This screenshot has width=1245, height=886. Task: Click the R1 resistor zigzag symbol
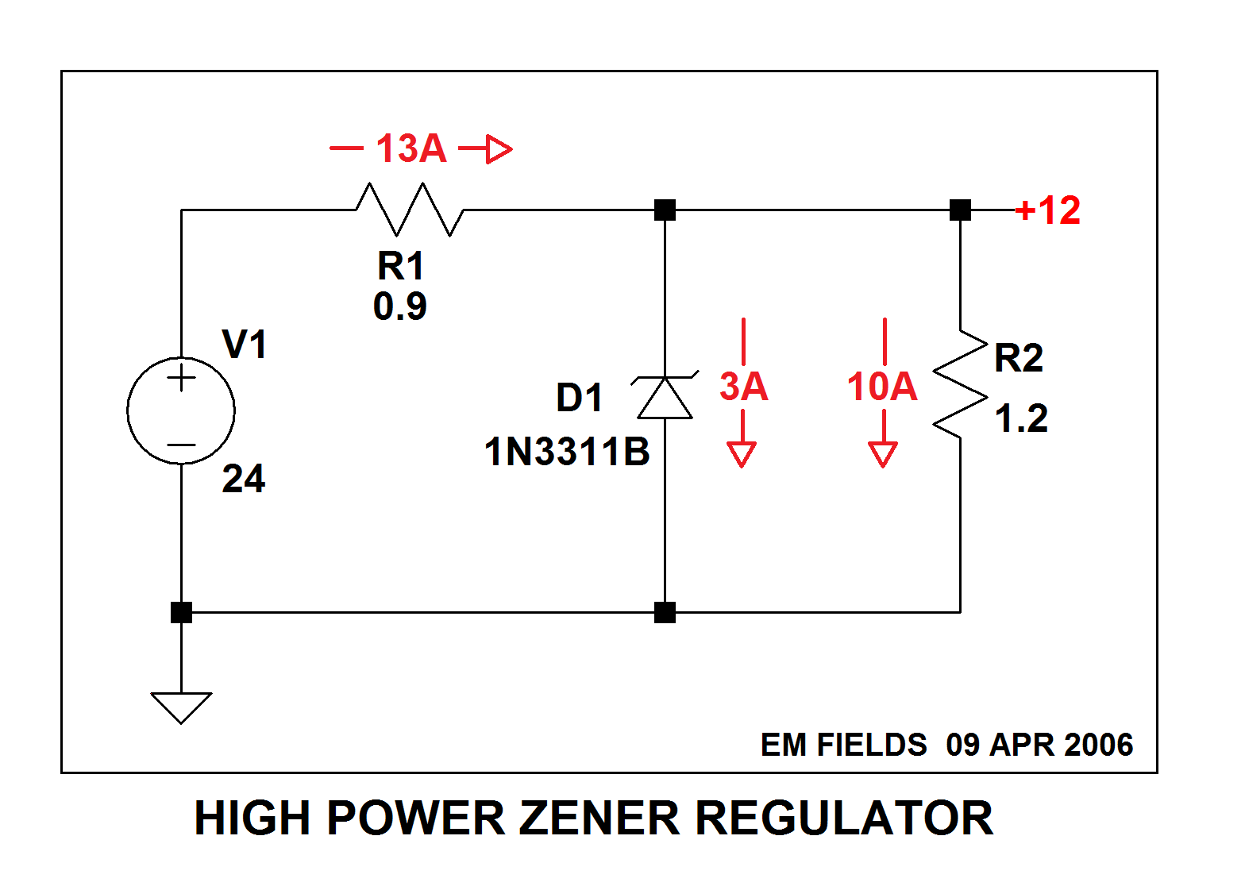pyautogui.click(x=410, y=210)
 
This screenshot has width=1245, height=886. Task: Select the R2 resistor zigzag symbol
pyautogui.click(x=960, y=384)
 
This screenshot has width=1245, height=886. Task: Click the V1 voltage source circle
pyautogui.click(x=181, y=410)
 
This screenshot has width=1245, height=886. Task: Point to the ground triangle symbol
pyautogui.click(x=181, y=708)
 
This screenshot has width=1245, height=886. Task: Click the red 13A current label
pyautogui.click(x=411, y=148)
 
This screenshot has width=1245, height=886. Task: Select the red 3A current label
pyautogui.click(x=744, y=387)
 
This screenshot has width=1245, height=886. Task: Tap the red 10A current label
pyautogui.click(x=882, y=387)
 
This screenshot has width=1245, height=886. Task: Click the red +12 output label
pyautogui.click(x=1048, y=210)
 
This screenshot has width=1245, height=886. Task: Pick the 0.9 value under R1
pyautogui.click(x=400, y=306)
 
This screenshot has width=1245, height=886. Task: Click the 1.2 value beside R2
pyautogui.click(x=1021, y=418)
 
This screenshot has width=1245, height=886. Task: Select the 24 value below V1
pyautogui.click(x=244, y=479)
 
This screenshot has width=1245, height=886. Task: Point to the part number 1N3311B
pyautogui.click(x=567, y=452)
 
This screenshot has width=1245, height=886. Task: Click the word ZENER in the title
pyautogui.click(x=599, y=819)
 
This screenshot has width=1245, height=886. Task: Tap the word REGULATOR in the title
pyautogui.click(x=844, y=819)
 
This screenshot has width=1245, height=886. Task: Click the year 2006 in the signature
pyautogui.click(x=1098, y=745)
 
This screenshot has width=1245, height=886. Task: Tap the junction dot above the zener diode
pyautogui.click(x=665, y=210)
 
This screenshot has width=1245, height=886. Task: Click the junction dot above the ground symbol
pyautogui.click(x=181, y=613)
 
